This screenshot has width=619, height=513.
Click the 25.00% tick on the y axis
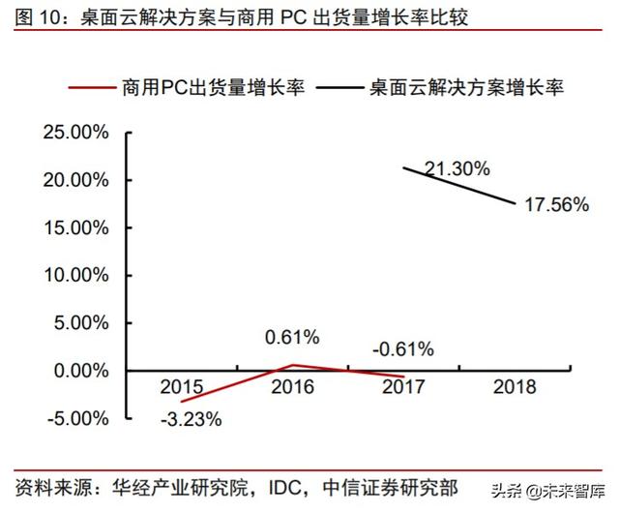74,134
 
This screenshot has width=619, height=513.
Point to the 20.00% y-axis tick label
74,181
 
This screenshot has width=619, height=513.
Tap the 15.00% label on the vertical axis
74,228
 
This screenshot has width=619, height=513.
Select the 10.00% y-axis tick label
74,276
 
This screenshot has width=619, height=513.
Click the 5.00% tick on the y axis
78,323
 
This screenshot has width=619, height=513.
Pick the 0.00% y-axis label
78,371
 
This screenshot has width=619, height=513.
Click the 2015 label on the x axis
181,387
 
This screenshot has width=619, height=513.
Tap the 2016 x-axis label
292,387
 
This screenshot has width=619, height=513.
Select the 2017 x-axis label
403,387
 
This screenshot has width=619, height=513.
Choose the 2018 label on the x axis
515,387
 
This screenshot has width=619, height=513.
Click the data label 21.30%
457,168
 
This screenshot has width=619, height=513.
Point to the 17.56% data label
557,204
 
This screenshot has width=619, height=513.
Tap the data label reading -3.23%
190,420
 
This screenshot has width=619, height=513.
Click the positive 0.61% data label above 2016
292,338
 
